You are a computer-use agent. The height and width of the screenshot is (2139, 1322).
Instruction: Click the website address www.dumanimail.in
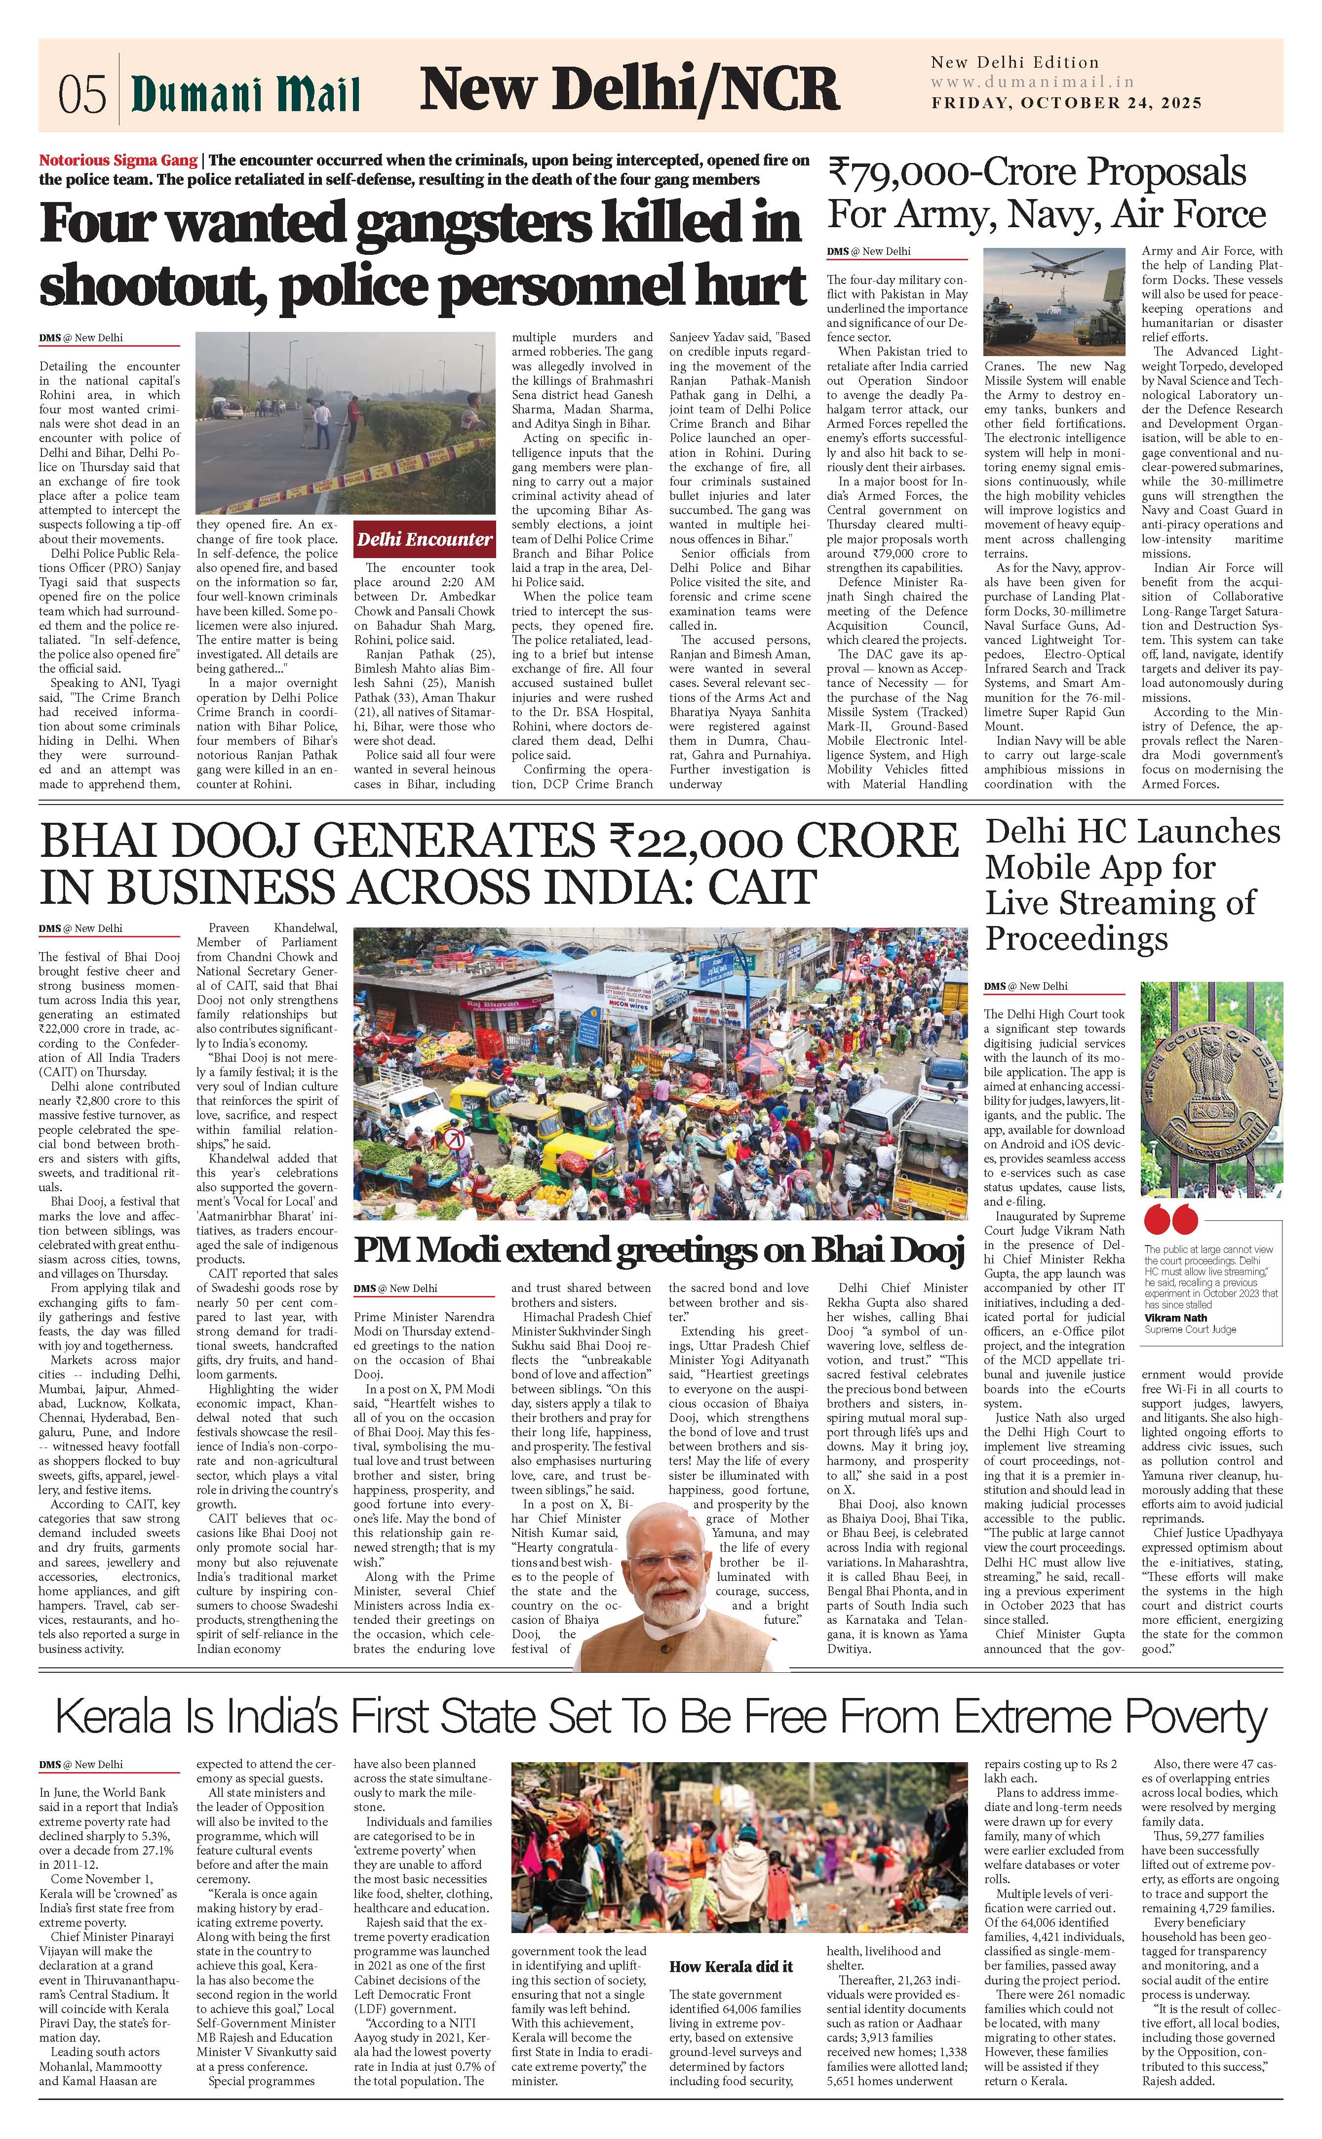pyautogui.click(x=1032, y=82)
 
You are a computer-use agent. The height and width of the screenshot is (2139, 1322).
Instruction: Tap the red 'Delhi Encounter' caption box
pyautogui.click(x=424, y=539)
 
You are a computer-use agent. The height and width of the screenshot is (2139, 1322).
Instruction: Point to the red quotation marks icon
pyautogui.click(x=1168, y=1219)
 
